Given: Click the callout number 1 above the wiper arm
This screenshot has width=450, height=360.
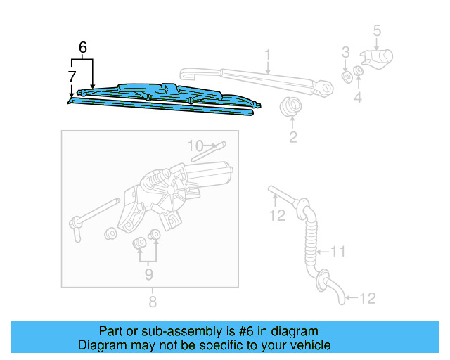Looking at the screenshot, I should [268, 54].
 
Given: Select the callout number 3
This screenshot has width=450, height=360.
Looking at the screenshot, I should [345, 51].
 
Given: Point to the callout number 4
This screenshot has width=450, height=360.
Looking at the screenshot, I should [358, 98].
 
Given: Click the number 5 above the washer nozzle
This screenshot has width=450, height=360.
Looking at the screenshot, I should [377, 30].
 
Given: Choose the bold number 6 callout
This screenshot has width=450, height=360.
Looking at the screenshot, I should [83, 48].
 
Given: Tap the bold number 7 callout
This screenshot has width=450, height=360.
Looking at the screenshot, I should [72, 75].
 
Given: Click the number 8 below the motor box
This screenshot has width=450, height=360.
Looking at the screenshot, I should [152, 302].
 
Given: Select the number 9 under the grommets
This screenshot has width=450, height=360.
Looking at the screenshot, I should [148, 274].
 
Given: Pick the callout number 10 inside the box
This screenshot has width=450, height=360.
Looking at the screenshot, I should [195, 146].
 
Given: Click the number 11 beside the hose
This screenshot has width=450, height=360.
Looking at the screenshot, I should [339, 250].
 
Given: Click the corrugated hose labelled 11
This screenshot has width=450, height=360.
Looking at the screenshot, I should [310, 239].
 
